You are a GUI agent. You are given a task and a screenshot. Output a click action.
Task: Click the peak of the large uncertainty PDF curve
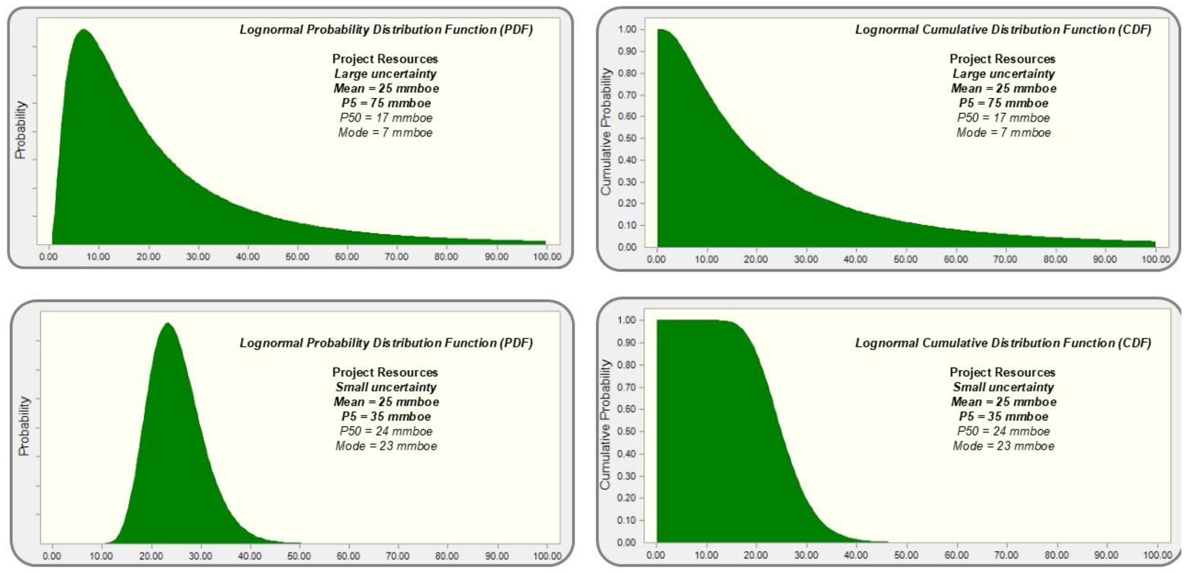(x=84, y=30)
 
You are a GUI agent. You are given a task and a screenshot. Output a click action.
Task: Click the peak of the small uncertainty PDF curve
(x=167, y=324)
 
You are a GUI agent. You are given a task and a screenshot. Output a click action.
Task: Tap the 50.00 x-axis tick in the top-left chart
(x=297, y=257)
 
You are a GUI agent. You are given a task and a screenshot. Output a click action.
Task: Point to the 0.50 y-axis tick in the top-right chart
(x=627, y=138)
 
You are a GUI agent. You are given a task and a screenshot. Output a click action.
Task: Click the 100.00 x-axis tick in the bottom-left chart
(x=547, y=555)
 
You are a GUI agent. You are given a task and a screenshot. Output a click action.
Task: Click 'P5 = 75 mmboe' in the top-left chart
(x=386, y=103)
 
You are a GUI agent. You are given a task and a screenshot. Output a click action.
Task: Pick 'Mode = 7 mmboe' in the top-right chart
(x=1003, y=133)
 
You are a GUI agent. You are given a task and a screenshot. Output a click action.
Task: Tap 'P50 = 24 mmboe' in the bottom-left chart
(x=386, y=431)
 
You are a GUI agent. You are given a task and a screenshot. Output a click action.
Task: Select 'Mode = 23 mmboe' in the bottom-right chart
(x=1003, y=445)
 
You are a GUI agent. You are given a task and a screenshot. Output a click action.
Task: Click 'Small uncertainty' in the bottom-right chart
(x=1003, y=387)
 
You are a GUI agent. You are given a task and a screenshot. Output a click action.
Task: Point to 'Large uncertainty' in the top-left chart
(x=386, y=74)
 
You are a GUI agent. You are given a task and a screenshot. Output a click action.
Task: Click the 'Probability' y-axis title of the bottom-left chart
(x=23, y=426)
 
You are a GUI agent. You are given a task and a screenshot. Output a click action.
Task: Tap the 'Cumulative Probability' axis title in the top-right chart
(x=605, y=131)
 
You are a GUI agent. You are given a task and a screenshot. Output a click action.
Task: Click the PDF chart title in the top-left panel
(x=386, y=30)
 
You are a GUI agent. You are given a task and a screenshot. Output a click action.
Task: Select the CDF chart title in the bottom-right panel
(x=1003, y=343)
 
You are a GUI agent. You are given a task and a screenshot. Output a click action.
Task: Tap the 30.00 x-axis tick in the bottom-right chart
(x=806, y=555)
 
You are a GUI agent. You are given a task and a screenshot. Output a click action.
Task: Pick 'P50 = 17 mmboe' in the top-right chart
(x=1003, y=118)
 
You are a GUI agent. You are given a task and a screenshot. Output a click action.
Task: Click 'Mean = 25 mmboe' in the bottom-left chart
(x=386, y=402)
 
